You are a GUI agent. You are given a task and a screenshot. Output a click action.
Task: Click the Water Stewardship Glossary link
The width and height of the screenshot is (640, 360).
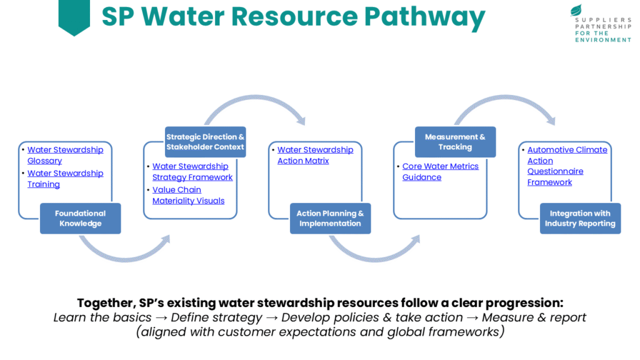point(65,155)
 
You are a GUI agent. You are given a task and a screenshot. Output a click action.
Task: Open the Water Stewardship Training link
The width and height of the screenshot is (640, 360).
point(65,179)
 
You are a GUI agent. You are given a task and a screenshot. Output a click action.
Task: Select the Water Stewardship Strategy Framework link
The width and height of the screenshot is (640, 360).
point(192,172)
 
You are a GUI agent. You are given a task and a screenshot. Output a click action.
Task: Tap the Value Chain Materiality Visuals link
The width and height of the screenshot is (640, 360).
point(188,195)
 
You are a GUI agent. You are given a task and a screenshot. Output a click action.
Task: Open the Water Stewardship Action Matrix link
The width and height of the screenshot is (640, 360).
point(315,155)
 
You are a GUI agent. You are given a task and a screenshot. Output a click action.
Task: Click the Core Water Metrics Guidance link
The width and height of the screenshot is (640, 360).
point(440,172)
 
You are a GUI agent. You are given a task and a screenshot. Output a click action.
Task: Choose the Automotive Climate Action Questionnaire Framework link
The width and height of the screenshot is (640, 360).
point(567,166)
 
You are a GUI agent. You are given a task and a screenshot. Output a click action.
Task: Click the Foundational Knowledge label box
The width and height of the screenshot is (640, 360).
point(80,218)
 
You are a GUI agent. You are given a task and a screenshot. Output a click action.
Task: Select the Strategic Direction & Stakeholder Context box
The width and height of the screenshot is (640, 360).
point(205,142)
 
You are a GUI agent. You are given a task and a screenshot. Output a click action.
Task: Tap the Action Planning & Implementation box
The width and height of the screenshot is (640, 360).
point(330,218)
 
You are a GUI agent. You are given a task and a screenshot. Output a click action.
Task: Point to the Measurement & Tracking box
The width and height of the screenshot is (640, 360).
point(455,142)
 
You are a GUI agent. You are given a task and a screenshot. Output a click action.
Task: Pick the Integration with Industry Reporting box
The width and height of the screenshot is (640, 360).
point(580,218)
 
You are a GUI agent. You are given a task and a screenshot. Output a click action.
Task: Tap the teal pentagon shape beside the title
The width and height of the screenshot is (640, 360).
point(74,16)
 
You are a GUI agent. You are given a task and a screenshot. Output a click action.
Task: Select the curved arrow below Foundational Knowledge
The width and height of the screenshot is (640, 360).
point(125,253)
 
